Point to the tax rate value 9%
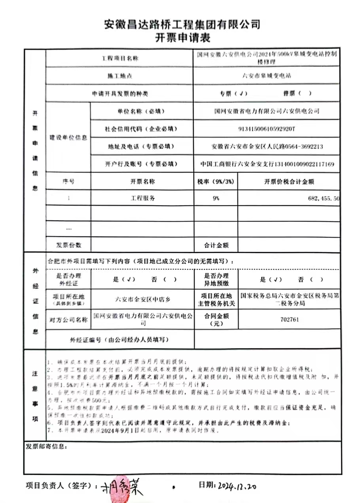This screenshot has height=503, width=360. click(x=216, y=199)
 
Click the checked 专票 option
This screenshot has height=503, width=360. click(x=233, y=94)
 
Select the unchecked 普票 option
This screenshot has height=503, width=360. click(x=297, y=94)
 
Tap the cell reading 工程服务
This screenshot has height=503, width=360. click(x=143, y=199)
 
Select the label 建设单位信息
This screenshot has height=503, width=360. click(x=68, y=138)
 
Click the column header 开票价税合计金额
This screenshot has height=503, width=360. click(x=289, y=182)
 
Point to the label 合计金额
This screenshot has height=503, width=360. click(x=216, y=245)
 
